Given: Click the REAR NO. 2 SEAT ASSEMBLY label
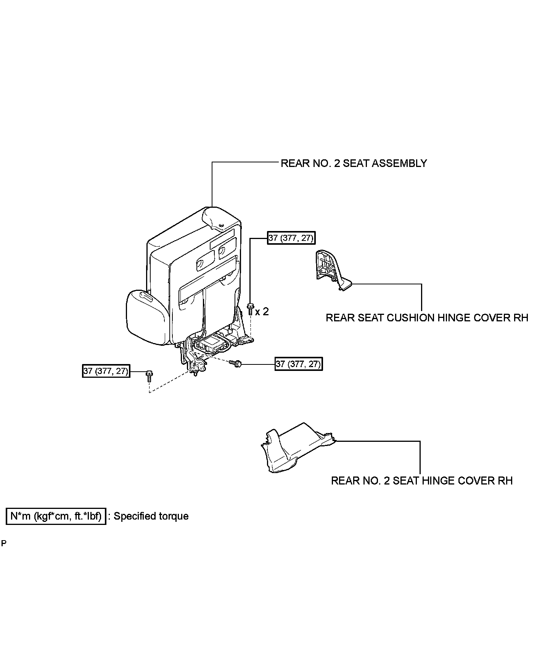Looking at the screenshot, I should [x=354, y=164].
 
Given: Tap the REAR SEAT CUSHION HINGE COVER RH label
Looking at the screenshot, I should [x=427, y=318].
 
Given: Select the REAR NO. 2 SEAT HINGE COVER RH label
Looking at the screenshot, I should [x=421, y=481].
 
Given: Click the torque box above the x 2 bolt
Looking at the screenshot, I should [x=291, y=238].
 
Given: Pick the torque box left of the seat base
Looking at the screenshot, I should [x=106, y=371].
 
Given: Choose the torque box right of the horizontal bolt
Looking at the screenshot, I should [x=299, y=364].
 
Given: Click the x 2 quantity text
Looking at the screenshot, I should [x=262, y=312].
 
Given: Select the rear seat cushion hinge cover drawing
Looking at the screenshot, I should [x=330, y=271].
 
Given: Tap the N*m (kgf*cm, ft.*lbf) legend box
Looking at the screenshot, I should [x=56, y=516].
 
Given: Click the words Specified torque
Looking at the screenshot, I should [x=151, y=516].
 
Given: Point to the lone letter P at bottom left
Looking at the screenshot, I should [x=4, y=543].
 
